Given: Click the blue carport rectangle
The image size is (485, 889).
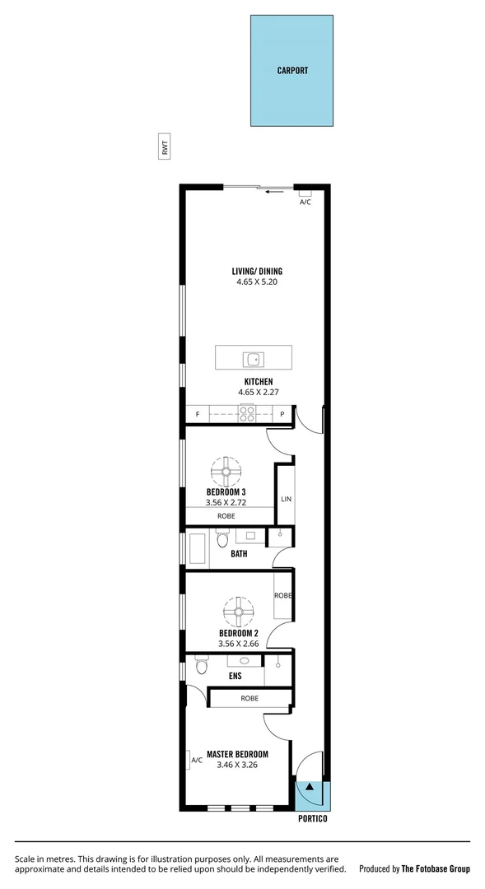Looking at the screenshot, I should click(x=291, y=71).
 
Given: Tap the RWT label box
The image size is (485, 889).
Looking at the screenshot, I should click(x=166, y=148).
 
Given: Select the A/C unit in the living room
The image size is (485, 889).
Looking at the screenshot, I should click(x=305, y=194).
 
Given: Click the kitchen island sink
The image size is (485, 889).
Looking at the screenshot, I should click(x=253, y=358).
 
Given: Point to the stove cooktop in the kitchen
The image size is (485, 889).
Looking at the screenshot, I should click(x=246, y=414).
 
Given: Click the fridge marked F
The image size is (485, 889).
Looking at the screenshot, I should click(x=198, y=414).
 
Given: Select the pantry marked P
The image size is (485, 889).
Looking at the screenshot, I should click(x=282, y=414).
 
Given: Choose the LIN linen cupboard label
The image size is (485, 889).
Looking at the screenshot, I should click(x=286, y=499).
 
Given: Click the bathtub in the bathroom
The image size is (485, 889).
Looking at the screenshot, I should click(x=198, y=549).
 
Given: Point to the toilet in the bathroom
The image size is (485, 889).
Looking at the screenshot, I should click(x=222, y=541).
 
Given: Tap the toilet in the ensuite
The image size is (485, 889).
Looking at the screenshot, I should click(x=202, y=664).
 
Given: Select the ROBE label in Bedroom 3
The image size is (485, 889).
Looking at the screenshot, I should click(x=226, y=516).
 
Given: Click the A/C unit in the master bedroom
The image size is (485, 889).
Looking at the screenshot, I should click(x=194, y=761).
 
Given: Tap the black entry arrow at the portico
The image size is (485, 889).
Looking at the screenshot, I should click(x=310, y=789).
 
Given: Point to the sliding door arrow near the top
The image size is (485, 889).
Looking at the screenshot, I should click(x=274, y=191).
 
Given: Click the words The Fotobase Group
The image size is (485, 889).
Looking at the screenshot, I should click(x=436, y=868).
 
